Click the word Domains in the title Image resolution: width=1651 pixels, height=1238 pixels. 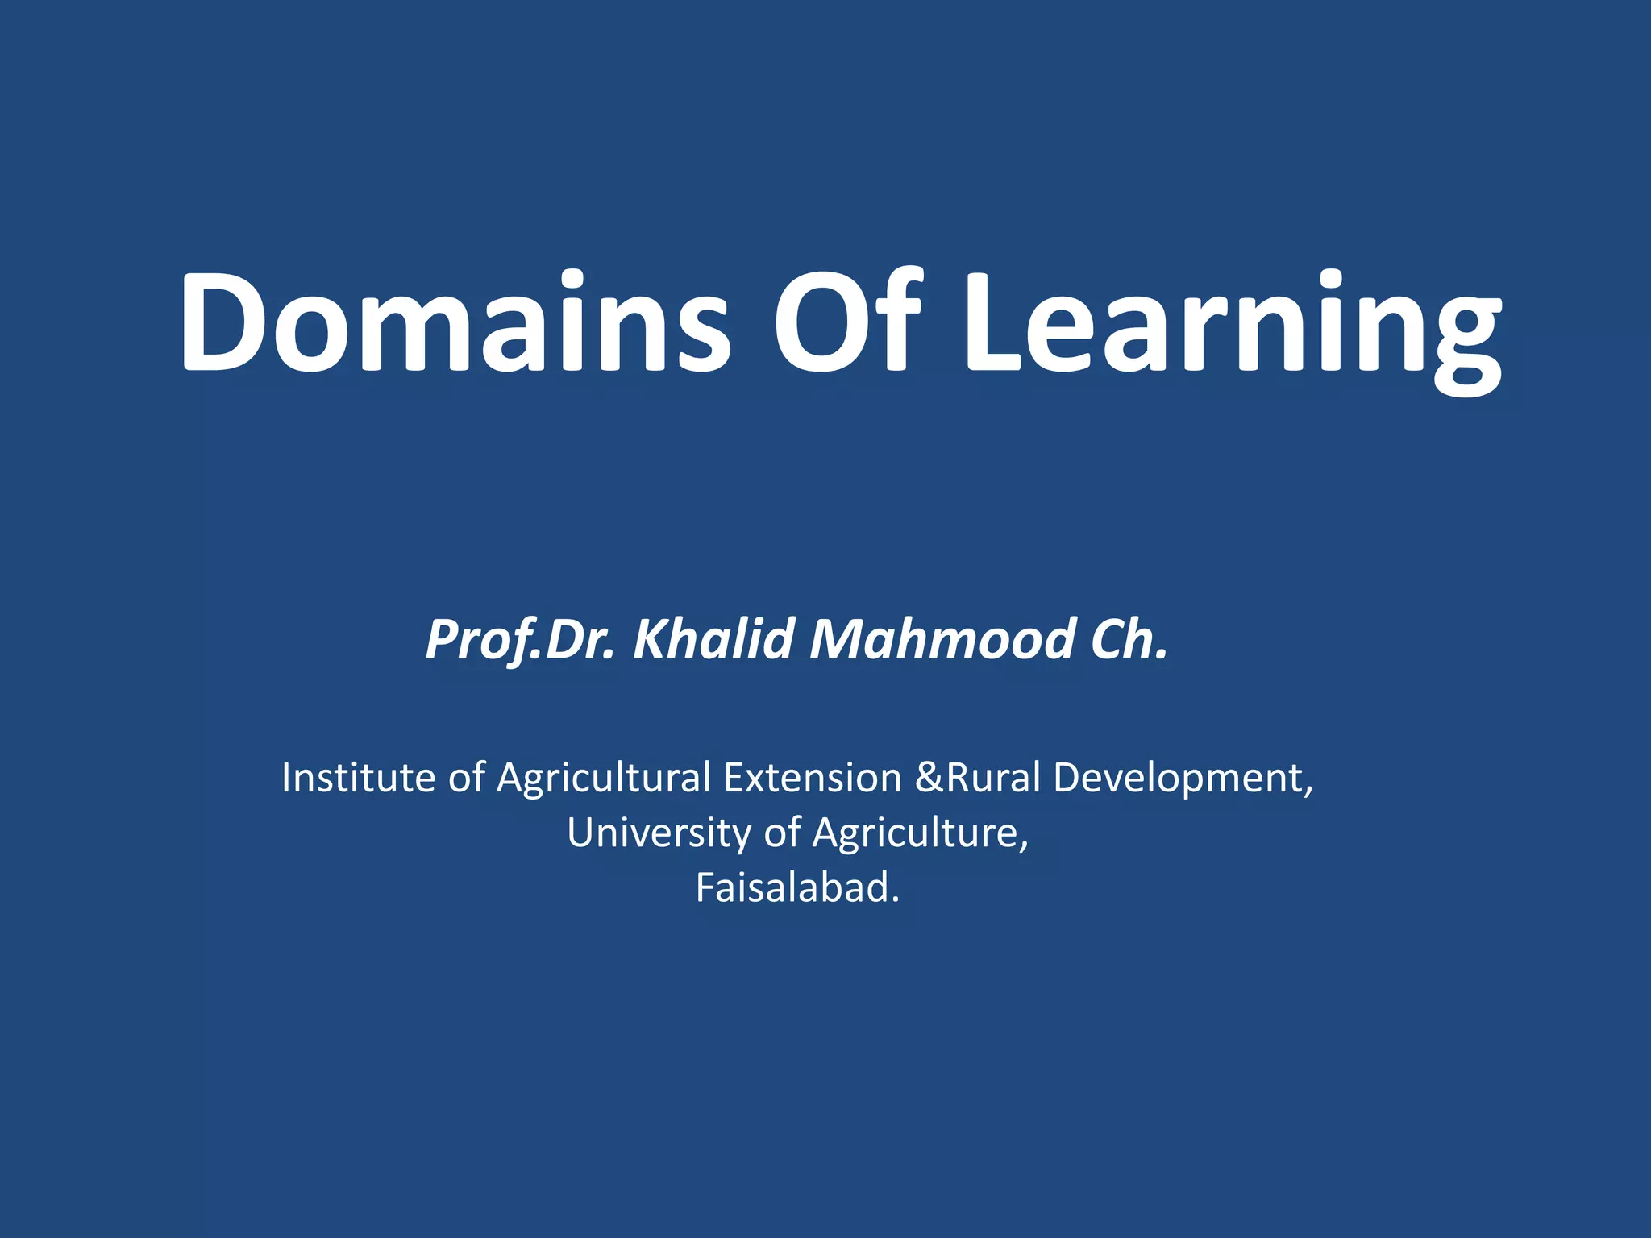pos(455,322)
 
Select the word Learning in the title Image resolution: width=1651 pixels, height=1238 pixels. pos(1233,330)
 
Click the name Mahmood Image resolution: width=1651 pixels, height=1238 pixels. pos(942,639)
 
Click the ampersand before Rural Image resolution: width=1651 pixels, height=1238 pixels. pos(929,778)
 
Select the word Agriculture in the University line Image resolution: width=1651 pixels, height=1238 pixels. pos(921,833)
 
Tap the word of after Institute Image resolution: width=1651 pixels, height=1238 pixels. pos(467,778)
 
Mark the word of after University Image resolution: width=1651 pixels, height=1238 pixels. pos(782,833)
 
